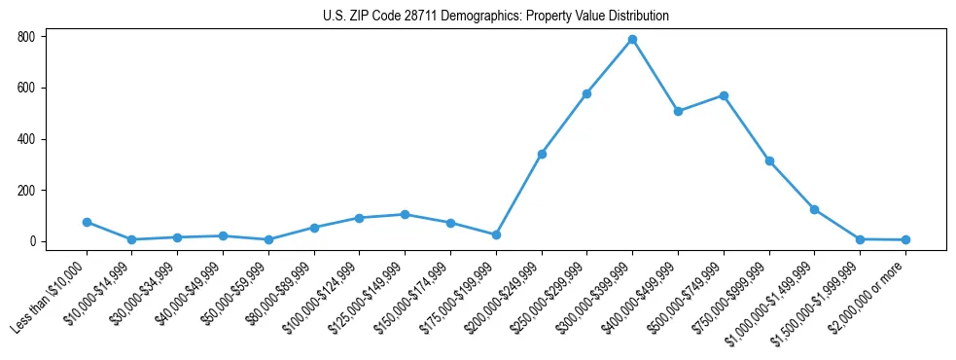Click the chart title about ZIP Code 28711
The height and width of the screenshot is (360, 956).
[496, 16]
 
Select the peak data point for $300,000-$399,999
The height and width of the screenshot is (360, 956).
[632, 39]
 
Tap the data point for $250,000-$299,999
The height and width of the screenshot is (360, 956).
[586, 93]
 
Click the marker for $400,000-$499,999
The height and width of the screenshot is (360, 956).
[678, 111]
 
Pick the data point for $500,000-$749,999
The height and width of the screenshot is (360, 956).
[724, 95]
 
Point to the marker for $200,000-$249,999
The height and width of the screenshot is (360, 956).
[542, 154]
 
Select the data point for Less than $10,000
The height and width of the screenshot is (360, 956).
[87, 222]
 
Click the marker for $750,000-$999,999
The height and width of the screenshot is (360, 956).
[769, 161]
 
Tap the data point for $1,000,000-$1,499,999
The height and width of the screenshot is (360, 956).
[814, 209]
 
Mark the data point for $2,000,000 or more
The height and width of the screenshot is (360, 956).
[905, 239]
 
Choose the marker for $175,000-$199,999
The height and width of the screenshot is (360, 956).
[496, 234]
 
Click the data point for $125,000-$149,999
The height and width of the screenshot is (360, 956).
[405, 214]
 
